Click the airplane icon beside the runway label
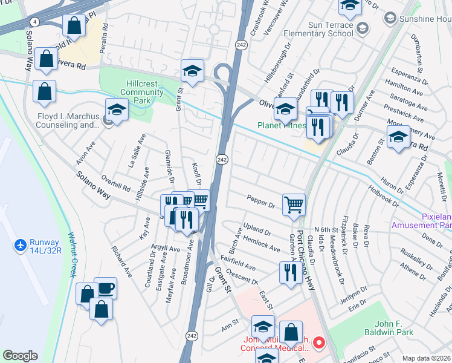click(20, 246)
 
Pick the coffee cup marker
click(105, 288)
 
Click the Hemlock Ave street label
click(261, 244)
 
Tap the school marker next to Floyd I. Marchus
click(117, 110)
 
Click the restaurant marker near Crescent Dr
click(288, 272)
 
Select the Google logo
click(20, 356)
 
